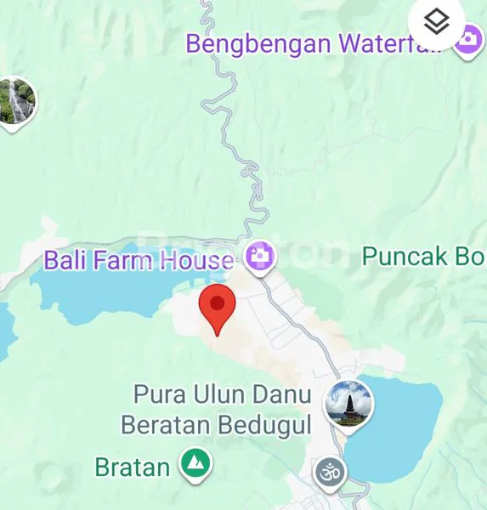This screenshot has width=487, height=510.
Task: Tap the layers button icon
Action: pyautogui.click(x=437, y=23)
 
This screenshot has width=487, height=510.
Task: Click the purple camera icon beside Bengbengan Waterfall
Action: pyautogui.click(x=467, y=39)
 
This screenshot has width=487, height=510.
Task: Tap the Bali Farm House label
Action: pyautogui.click(x=139, y=259)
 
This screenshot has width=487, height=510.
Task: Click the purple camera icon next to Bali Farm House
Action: pyautogui.click(x=259, y=254)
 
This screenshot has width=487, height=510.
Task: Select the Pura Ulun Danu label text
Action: pyautogui.click(x=224, y=395)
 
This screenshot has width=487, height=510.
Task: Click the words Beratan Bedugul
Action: pyautogui.click(x=216, y=423)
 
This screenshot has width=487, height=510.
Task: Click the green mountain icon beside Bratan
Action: pyautogui.click(x=196, y=464)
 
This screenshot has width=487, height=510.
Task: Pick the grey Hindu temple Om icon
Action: pyautogui.click(x=329, y=473)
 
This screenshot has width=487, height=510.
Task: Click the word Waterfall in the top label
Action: pyautogui.click(x=394, y=43)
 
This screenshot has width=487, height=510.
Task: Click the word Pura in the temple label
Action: pyautogui.click(x=159, y=395)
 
